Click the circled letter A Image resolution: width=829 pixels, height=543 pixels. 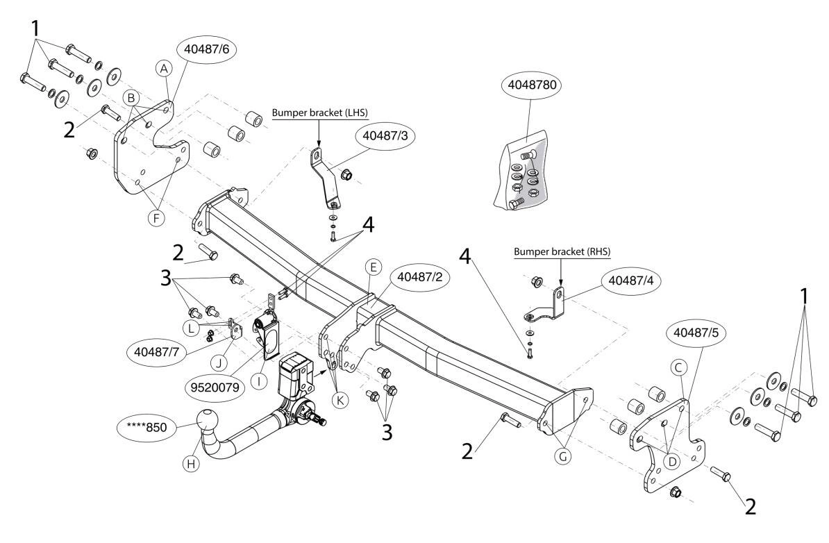click(x=163, y=68)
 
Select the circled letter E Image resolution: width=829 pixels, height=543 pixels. click(x=373, y=267)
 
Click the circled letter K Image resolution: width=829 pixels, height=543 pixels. click(x=337, y=399)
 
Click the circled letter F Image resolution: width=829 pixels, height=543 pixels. click(x=157, y=218)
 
